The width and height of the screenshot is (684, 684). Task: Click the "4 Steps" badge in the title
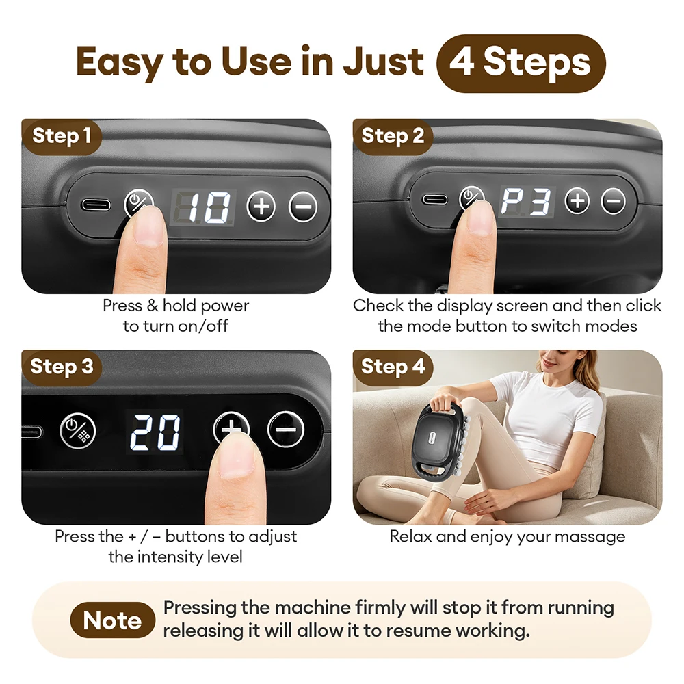521,63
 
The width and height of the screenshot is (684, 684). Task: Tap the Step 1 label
62,136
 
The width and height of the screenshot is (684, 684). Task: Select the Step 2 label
393,136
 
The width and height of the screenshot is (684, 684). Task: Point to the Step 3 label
62,367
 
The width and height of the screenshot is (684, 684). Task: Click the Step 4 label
393,367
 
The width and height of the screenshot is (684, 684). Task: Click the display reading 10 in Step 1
203,208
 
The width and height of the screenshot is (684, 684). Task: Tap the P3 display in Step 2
527,202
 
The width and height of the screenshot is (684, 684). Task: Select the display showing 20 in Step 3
155,432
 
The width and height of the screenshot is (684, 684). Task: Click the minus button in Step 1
303,207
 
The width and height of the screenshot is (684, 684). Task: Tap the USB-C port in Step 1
96,205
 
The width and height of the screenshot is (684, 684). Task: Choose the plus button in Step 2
577,201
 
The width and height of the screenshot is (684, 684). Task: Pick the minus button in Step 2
614,202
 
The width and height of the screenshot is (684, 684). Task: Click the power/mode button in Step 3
78,430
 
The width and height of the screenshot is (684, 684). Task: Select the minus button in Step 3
286,430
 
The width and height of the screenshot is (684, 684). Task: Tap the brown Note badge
113,620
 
